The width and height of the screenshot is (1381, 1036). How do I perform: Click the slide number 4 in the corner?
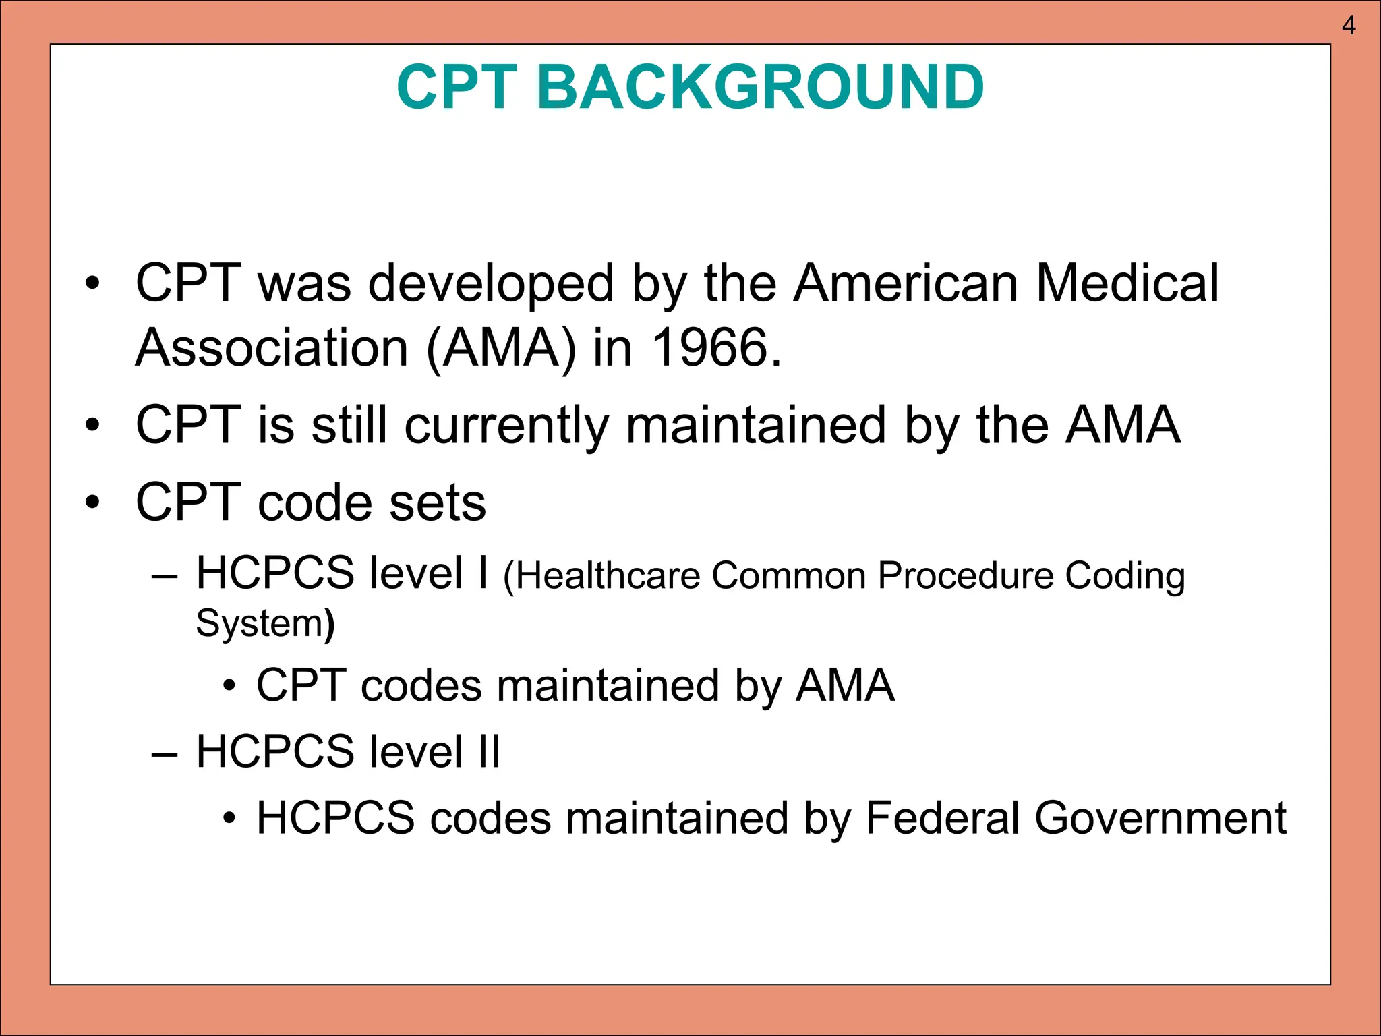1349,26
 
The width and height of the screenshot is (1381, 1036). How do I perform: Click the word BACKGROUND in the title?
760,87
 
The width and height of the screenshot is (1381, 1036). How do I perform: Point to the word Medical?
1127,283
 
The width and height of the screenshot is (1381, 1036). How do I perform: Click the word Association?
272,348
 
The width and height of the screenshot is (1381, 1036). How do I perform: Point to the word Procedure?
965,576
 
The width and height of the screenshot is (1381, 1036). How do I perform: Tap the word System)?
265,623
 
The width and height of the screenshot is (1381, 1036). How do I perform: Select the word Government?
1160,818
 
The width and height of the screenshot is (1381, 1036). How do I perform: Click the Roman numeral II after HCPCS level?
489,752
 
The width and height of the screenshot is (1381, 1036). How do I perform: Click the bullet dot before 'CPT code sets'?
92,502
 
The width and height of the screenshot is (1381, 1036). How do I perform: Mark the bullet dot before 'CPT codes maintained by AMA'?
229,687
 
